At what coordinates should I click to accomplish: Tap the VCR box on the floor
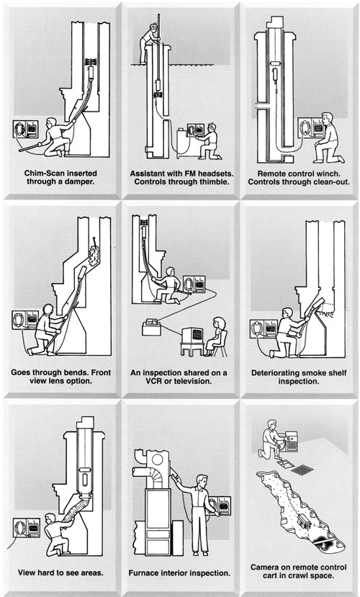(x=151, y=328)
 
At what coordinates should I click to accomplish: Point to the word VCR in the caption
(x=139, y=381)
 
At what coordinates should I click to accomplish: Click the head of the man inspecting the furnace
(x=203, y=480)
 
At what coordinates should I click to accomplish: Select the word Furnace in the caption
(x=143, y=573)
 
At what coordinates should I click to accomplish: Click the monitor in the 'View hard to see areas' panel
(x=26, y=528)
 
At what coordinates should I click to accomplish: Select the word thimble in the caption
(x=215, y=181)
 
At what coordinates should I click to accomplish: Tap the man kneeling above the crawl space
(x=271, y=439)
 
